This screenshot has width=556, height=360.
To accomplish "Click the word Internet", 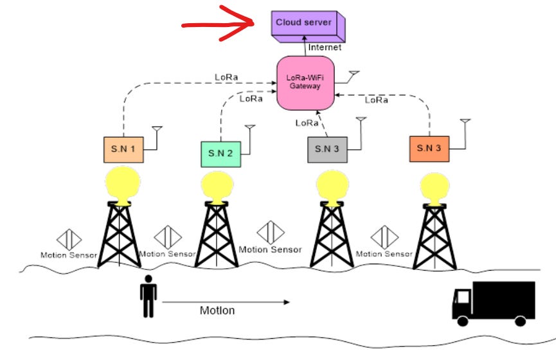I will pos(325,47).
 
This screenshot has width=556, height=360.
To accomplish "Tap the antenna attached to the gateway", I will pos(353,76).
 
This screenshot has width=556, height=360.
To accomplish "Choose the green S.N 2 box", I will pos(220,154).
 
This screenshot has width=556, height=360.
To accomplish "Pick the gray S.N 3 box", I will pos(327,149).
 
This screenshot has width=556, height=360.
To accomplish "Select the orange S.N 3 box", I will pos(428,148).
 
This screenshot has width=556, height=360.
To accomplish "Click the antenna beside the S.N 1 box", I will pos(156,133).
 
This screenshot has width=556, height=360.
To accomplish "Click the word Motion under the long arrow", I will pos(217,310).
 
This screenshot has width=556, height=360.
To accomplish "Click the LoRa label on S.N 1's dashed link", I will pos(226,77).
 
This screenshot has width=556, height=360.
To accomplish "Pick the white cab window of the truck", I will pos(462,296).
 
